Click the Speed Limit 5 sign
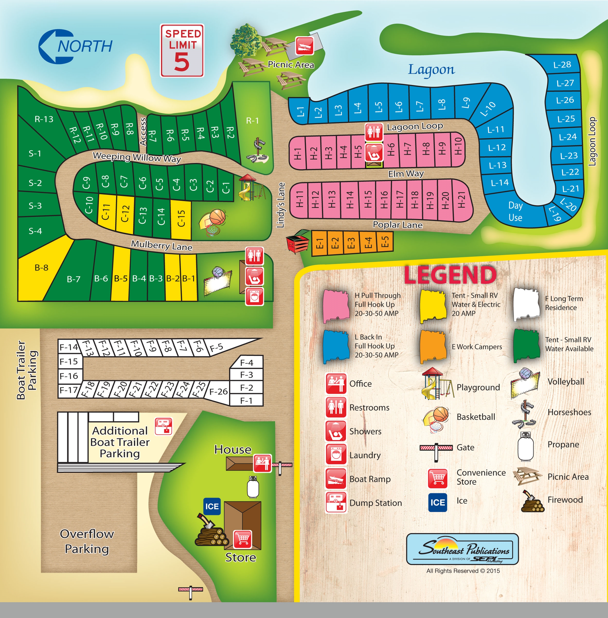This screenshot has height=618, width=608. [182, 51]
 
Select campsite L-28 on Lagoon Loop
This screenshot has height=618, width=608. [562, 65]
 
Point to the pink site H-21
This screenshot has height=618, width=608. [461, 200]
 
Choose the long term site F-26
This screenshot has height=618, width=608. [218, 391]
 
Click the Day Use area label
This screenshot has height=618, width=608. [515, 211]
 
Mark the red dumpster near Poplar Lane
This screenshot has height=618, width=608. [297, 243]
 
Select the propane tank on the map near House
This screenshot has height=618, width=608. [253, 487]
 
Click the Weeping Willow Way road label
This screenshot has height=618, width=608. [137, 157]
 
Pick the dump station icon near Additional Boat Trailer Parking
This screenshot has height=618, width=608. [163, 426]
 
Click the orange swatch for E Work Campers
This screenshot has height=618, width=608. [432, 347]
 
